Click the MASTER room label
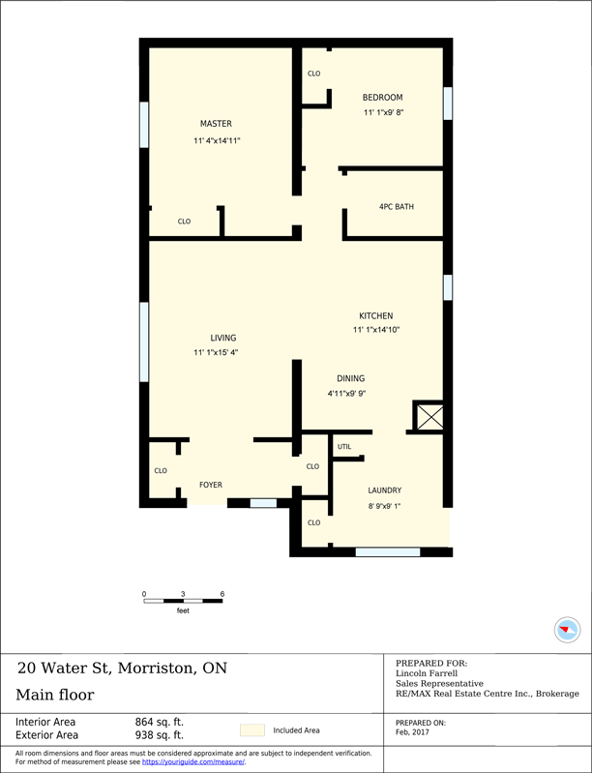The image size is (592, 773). pos(216,124)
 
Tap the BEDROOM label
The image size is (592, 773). pos(382,98)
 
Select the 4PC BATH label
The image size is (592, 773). pos(396,207)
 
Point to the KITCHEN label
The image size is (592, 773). pos(375,316)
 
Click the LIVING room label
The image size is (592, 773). pos(223,338)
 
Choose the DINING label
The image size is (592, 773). pos(350,378)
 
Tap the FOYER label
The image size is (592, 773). pos(211,485)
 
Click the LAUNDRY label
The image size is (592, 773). pos(384,491)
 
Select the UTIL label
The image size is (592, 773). pos(344,447)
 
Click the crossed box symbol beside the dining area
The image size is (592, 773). pos(428,417)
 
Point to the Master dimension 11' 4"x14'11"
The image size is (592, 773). pos(216,141)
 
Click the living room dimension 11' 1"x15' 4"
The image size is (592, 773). pos(216,353)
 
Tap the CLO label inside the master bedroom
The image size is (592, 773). pos(184,222)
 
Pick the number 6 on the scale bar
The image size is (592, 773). pos(222,593)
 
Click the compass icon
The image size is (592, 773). pos(568,630)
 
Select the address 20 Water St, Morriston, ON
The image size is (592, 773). pos(122,668)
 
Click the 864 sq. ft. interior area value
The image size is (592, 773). pos(159,722)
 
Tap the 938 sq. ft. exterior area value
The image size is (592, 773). pos(159,735)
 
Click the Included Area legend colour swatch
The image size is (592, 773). pos(252,730)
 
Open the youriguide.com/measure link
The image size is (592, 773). pos(192,762)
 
